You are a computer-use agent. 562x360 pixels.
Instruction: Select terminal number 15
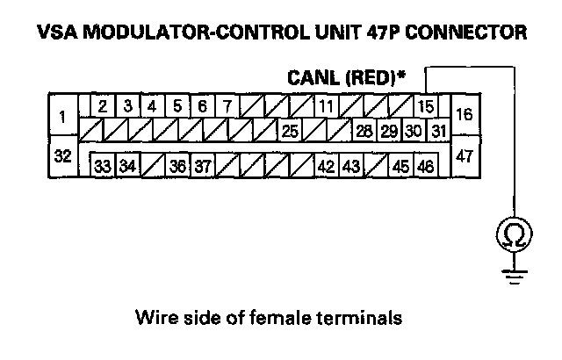click(x=426, y=107)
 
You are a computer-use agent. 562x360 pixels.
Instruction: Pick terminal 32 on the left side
click(x=62, y=156)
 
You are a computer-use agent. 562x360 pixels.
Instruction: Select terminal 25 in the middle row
click(x=290, y=132)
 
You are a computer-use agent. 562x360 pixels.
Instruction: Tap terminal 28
click(x=364, y=132)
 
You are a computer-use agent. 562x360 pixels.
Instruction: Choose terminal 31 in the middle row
click(x=439, y=132)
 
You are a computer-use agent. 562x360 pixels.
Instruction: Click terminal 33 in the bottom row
click(x=103, y=166)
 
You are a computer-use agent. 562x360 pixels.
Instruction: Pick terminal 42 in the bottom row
click(x=327, y=166)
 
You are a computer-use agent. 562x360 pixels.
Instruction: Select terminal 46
click(x=427, y=166)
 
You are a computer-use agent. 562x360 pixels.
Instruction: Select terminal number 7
click(x=227, y=107)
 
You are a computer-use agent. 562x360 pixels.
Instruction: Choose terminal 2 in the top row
click(x=103, y=107)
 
